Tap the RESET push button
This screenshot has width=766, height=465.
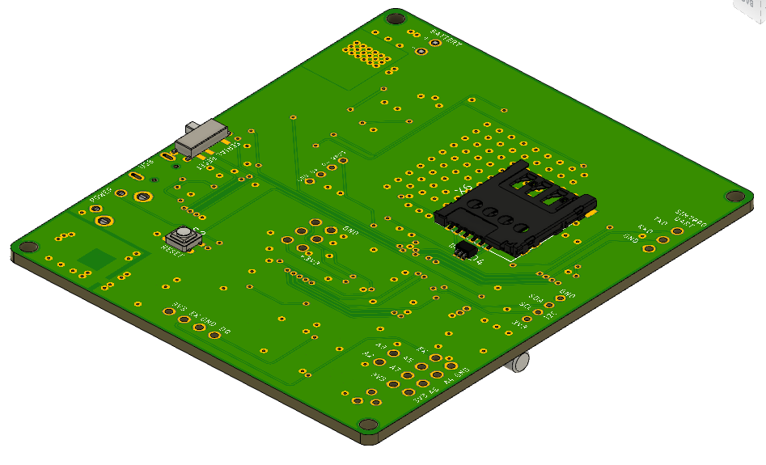(184, 237)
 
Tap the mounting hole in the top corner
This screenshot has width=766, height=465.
(395, 17)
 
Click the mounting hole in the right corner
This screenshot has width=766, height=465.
(734, 196)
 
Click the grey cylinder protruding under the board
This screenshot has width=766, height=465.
(518, 363)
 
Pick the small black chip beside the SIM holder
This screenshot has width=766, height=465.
(462, 250)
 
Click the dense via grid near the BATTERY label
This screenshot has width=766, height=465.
(366, 54)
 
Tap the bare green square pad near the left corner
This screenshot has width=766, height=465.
(97, 259)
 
